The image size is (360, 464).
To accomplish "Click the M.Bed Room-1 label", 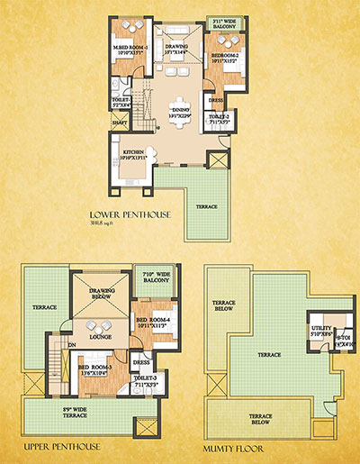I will [132, 49].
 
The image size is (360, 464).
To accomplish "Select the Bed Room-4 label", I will [153, 323].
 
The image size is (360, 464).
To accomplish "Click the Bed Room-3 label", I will [97, 370].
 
